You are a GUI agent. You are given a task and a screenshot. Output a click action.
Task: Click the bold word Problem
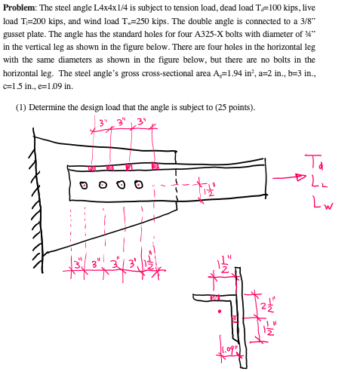[20, 7]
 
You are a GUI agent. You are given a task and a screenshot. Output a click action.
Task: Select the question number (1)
[23, 106]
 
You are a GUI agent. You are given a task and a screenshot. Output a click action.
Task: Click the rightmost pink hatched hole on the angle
[155, 166]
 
